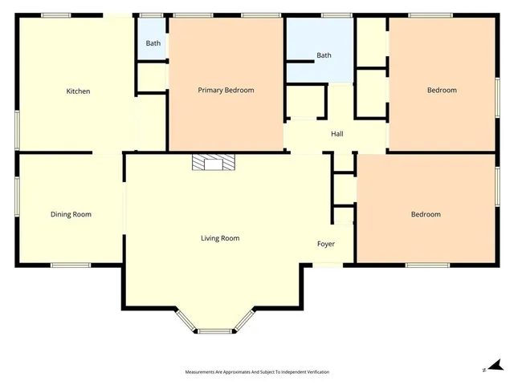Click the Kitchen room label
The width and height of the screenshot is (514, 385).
tap(78, 91)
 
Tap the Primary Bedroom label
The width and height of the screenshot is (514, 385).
tap(226, 90)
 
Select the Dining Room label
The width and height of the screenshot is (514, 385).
tap(71, 214)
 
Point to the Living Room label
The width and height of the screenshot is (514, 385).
tap(220, 238)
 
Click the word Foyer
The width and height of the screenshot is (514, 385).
tap(325, 244)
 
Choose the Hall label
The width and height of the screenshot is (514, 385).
tap(337, 134)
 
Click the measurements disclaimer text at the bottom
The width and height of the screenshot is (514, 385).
tap(257, 372)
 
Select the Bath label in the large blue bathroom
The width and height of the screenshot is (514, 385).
tap(324, 55)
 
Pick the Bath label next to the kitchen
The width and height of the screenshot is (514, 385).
tap(153, 43)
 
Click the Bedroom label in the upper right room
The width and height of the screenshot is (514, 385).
tap(441, 90)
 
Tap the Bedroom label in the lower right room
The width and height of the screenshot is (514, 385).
tap(426, 214)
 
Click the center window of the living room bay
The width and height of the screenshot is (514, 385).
tap(214, 330)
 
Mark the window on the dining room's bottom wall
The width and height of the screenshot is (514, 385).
tap(71, 265)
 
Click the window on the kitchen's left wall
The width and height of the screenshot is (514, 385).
tap(16, 128)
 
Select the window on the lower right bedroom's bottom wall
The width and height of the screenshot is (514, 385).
tap(426, 265)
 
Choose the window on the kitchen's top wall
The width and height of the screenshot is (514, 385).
tap(55, 14)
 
